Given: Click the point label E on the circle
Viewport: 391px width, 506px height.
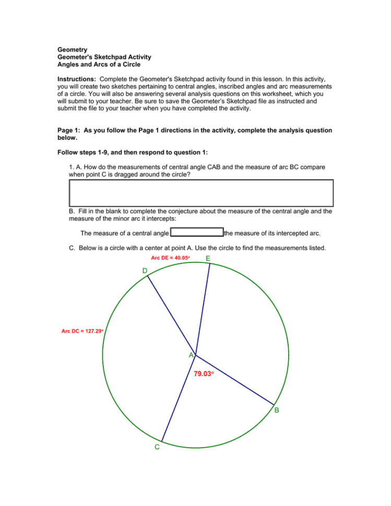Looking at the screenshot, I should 208,259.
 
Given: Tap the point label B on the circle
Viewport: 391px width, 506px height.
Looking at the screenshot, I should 277,411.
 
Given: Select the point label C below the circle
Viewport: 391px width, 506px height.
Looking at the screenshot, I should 157,447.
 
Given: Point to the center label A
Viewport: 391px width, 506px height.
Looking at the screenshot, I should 192,355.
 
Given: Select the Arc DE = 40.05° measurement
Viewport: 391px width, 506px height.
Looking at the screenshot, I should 170,258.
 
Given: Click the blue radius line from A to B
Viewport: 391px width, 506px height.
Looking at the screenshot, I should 235,380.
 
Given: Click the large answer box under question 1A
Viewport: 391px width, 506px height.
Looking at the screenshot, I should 201,193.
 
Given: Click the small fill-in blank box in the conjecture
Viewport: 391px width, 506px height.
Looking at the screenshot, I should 197,233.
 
